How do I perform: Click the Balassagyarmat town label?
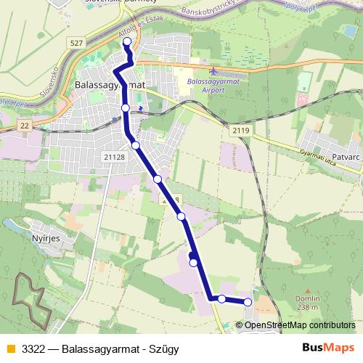110,85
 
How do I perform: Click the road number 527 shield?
77,44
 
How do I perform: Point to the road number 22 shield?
25,126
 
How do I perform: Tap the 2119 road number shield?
242,130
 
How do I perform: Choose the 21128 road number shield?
115,156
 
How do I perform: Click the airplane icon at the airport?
213,71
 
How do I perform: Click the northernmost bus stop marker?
127,42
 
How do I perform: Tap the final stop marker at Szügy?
248,302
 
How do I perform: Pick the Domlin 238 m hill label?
307,303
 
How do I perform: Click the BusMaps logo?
327,348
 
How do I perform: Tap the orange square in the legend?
9,348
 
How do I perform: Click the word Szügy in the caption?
164,348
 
